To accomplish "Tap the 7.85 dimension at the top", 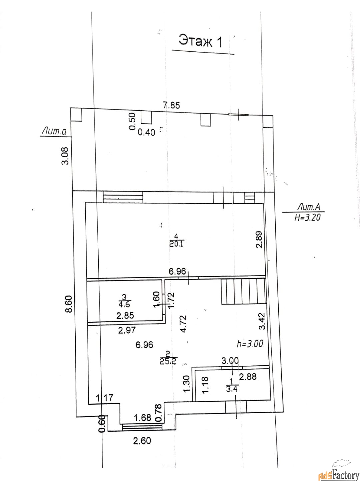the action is (x=171, y=105).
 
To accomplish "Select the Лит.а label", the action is (x=54, y=132).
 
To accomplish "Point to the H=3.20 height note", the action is (x=307, y=217).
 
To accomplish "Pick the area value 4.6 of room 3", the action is (x=125, y=305).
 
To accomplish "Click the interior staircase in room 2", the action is (x=243, y=291).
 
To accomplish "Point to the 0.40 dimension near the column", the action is (x=146, y=132).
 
